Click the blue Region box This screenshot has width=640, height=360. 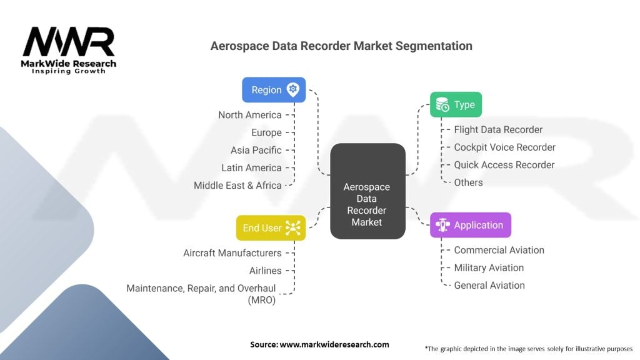(x=274, y=90)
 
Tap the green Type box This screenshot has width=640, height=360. (x=456, y=104)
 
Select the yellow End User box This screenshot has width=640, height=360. (x=271, y=227)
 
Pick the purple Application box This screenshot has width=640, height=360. (x=470, y=225)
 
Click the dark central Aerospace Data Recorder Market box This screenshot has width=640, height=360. (x=367, y=191)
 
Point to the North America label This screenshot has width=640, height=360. (x=250, y=115)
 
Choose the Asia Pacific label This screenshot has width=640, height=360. (x=256, y=150)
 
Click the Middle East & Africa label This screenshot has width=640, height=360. (x=237, y=185)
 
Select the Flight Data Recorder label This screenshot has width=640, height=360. (x=498, y=130)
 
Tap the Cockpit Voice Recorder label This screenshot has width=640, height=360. (x=504, y=147)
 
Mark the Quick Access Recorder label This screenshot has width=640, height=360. (x=504, y=165)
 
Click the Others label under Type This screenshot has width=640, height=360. (x=468, y=182)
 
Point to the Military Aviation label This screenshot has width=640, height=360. (x=489, y=267)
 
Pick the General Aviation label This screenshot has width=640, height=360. (x=489, y=285)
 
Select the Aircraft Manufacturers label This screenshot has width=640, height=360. (x=232, y=253)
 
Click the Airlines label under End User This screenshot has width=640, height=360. (x=265, y=271)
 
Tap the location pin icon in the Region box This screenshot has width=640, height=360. (x=292, y=89)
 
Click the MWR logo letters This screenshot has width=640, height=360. (x=69, y=42)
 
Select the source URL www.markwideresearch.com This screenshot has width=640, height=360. (x=334, y=344)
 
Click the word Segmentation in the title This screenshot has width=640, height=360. (x=434, y=46)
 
